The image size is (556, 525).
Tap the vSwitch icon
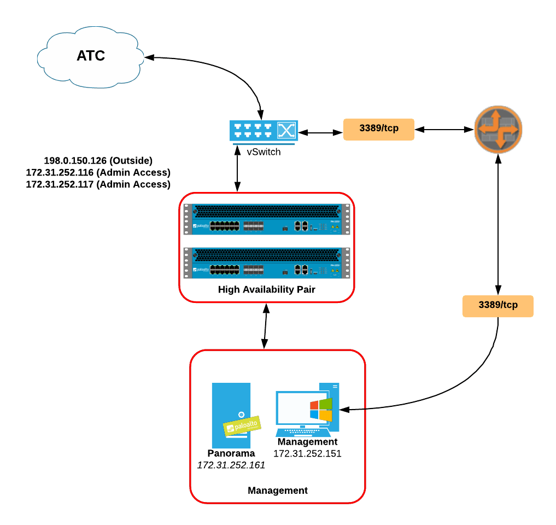tap(264, 132)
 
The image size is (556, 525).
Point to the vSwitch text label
tap(264, 152)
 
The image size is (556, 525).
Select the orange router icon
tap(498, 130)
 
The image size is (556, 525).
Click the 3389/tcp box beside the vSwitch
tap(378, 130)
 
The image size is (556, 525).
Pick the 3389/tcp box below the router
tap(498, 306)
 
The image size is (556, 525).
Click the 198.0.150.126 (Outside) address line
tap(98, 161)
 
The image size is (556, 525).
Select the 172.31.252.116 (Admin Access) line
tap(98, 173)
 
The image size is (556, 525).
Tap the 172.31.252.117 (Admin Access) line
tap(98, 185)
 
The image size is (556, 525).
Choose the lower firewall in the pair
tap(266, 262)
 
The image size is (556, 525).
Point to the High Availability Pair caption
tap(266, 290)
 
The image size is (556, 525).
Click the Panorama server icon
tap(231, 416)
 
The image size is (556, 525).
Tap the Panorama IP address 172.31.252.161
tap(231, 465)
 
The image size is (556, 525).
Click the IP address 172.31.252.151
tap(307, 453)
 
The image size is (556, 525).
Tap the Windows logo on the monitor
tap(321, 410)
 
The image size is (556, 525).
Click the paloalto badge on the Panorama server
tap(241, 425)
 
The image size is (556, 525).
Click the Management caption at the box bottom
tap(278, 491)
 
